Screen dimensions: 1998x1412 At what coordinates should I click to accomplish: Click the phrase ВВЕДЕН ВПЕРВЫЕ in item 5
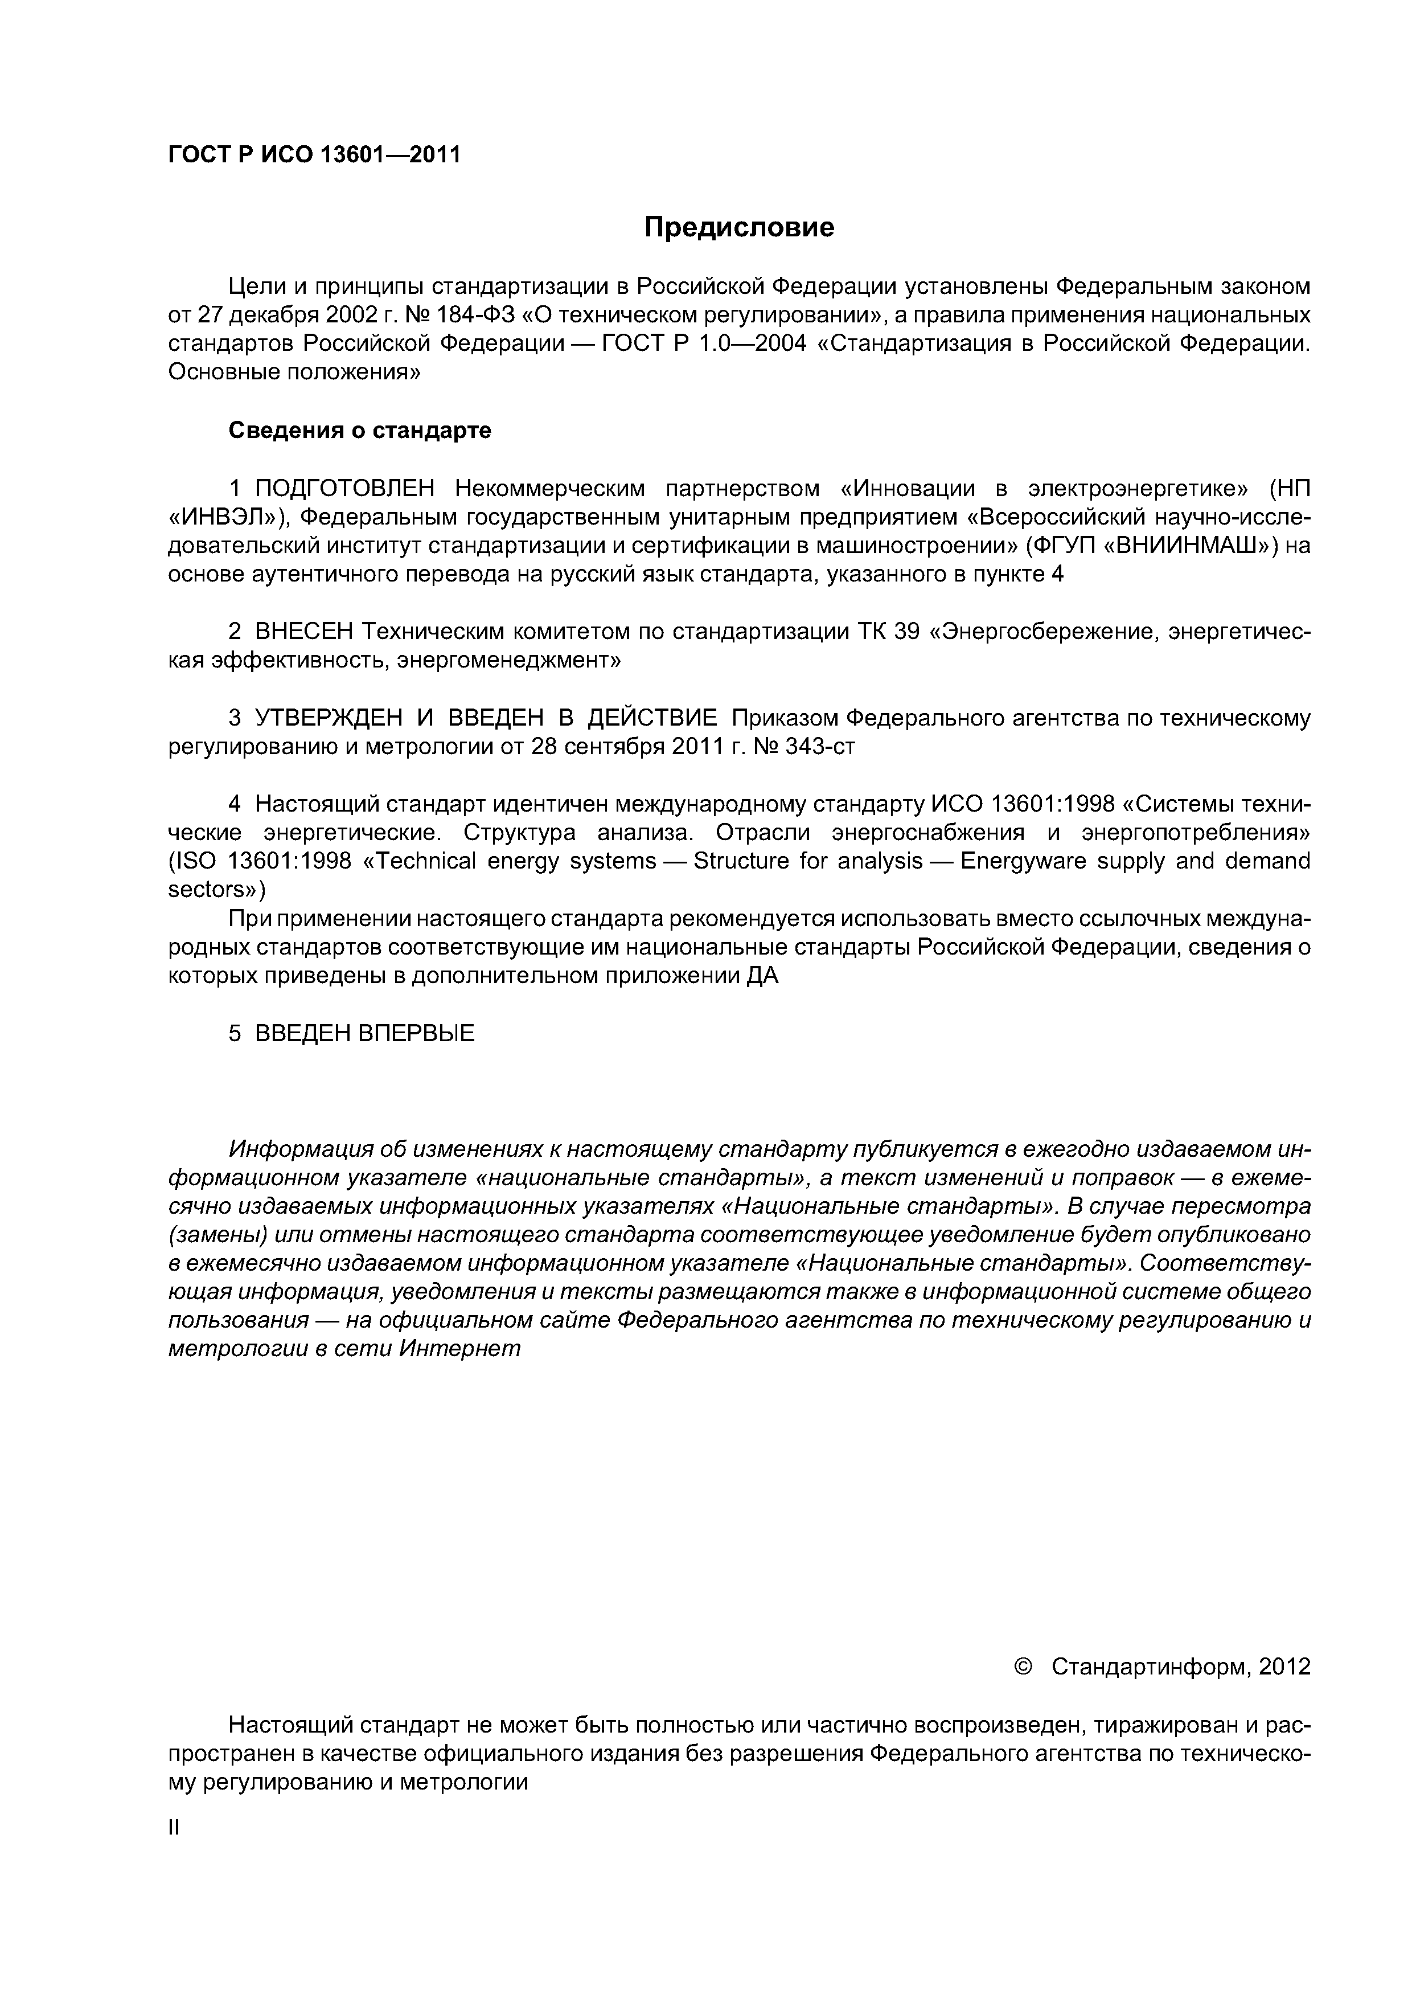coord(364,1034)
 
